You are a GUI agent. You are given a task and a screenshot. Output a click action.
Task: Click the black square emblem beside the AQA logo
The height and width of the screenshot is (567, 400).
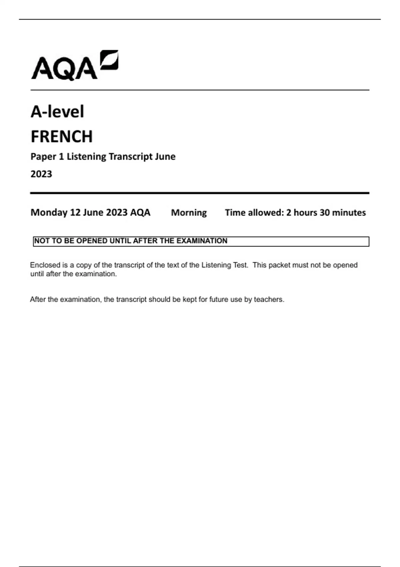click(110, 60)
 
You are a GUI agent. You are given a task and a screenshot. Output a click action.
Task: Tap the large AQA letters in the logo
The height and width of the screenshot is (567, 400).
click(64, 69)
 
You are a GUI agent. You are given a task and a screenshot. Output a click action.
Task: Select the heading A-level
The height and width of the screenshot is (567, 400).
click(57, 111)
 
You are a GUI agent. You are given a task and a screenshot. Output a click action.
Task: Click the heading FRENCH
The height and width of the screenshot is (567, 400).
click(62, 136)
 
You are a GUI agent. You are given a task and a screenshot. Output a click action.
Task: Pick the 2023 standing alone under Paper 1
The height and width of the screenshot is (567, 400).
click(41, 174)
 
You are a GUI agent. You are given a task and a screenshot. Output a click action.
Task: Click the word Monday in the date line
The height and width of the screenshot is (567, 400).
click(49, 212)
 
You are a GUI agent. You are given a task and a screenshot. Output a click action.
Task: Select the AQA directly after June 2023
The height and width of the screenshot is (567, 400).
click(140, 212)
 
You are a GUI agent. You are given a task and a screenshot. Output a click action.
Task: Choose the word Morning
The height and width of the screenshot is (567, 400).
click(189, 212)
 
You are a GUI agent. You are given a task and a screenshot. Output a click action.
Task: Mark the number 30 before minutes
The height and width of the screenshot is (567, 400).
click(325, 212)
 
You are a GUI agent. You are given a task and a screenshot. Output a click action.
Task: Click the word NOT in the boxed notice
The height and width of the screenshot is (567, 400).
click(42, 241)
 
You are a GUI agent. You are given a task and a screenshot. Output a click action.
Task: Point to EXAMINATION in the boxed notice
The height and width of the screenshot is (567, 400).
click(202, 241)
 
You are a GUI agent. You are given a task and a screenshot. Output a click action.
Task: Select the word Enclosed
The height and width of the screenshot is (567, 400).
click(45, 265)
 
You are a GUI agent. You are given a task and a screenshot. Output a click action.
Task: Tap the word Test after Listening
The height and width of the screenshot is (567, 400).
click(240, 265)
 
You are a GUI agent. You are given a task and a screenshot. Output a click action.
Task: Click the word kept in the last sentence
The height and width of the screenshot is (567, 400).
click(190, 300)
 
